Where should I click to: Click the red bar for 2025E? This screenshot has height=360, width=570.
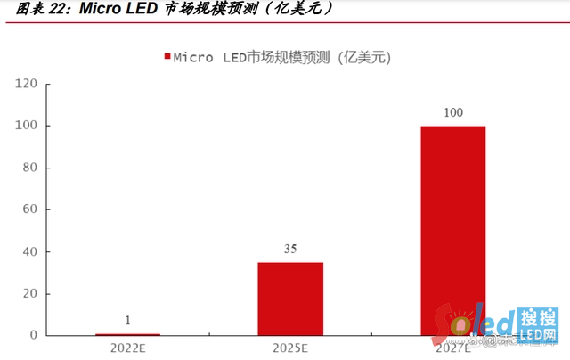click(x=290, y=299)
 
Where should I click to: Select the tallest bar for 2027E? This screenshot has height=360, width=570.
click(x=453, y=230)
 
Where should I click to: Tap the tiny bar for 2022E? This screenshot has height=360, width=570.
click(x=127, y=334)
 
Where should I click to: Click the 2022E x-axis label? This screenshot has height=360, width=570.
click(x=127, y=348)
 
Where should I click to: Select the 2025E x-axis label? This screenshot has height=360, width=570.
click(x=290, y=348)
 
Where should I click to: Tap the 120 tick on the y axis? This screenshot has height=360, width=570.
click(x=26, y=84)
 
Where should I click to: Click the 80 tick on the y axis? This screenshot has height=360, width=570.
click(x=29, y=168)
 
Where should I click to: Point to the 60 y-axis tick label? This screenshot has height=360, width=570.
click(x=29, y=209)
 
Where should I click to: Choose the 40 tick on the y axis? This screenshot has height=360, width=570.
click(x=29, y=251)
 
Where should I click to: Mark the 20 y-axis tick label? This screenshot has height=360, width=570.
click(x=29, y=293)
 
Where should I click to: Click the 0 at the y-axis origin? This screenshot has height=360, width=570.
click(x=33, y=335)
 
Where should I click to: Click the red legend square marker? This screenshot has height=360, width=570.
click(x=166, y=57)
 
